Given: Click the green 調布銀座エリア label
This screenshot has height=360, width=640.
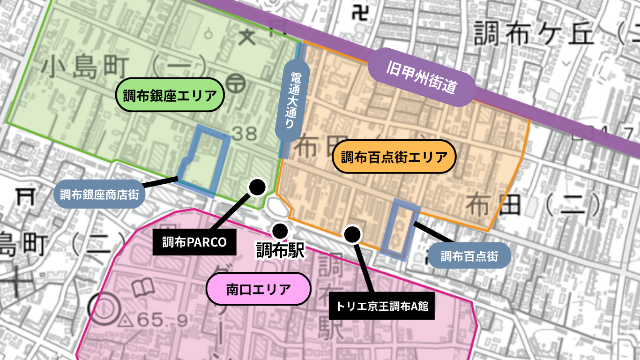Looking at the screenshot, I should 170,95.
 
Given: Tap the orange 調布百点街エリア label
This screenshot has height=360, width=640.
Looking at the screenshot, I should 394,157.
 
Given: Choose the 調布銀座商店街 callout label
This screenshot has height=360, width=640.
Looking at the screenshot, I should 99,194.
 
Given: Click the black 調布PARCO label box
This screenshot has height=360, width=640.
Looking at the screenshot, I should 194,242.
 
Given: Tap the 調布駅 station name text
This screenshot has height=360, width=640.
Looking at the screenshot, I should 280,250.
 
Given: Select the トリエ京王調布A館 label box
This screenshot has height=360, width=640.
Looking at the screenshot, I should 382,307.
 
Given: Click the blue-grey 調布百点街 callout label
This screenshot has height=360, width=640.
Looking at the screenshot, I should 469,256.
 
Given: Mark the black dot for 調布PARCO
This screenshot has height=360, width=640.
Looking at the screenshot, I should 257,187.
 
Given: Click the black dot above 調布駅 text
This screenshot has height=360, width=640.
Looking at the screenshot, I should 280,230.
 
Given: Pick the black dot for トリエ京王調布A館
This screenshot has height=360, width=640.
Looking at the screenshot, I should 353,233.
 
